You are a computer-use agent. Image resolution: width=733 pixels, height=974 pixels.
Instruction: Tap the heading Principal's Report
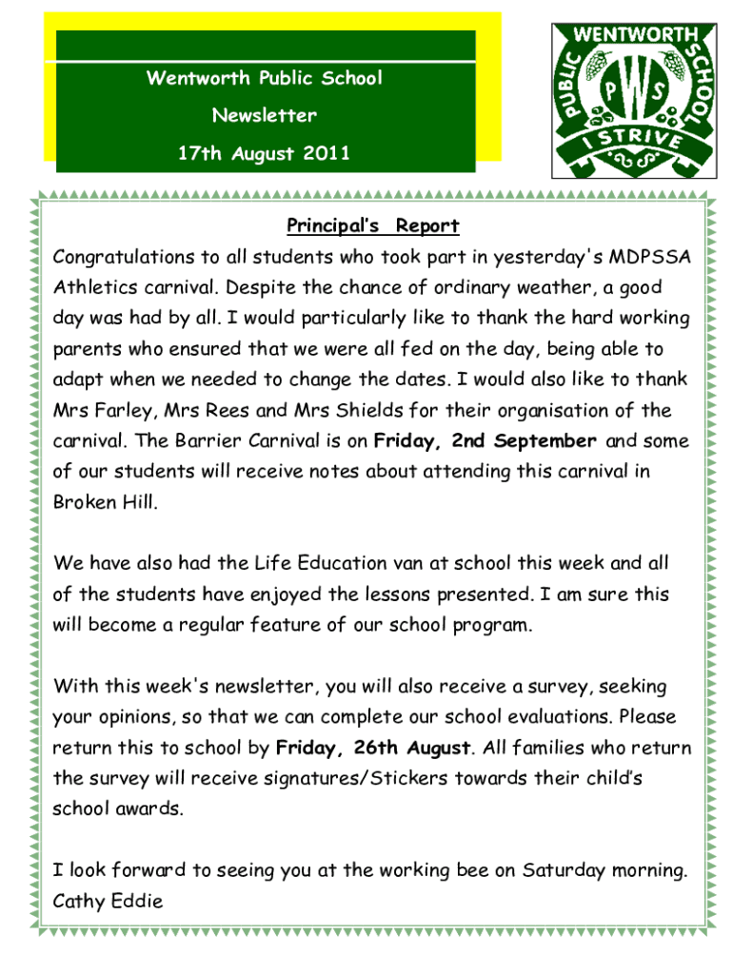[373, 226]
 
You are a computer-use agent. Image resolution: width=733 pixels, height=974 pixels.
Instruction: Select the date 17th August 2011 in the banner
[265, 152]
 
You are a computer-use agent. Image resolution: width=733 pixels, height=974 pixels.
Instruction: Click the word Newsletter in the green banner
[265, 116]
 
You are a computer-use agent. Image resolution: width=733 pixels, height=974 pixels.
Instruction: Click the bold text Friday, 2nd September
[485, 441]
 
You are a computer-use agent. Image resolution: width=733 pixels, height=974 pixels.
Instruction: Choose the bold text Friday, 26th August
[373, 748]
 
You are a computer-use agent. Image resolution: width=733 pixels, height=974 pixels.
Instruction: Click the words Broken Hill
[105, 502]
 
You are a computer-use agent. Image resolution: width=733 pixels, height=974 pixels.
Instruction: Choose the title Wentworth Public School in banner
[265, 78]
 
